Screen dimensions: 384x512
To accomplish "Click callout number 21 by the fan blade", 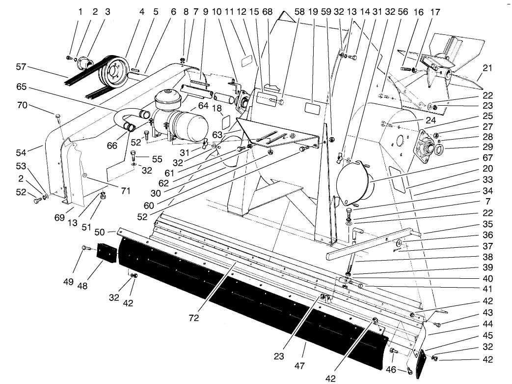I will pos(487,67).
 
